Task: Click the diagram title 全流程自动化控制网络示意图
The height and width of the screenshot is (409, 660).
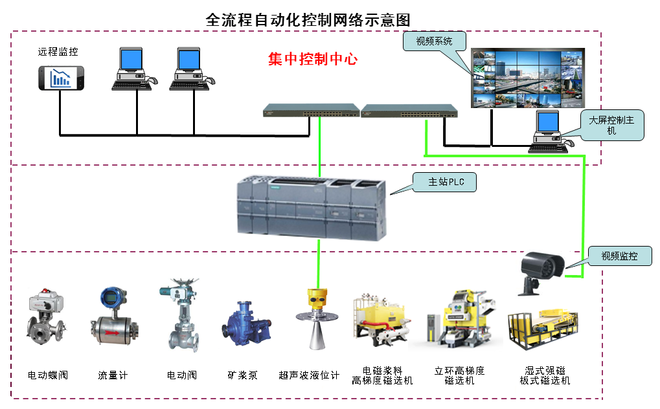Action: pos(308,19)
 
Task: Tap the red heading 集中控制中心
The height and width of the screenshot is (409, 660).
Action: pos(313,60)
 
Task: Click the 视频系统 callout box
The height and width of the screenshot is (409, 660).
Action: pos(434,41)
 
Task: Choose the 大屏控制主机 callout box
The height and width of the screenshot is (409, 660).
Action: pos(611,126)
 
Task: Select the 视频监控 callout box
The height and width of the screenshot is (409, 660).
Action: pos(619,256)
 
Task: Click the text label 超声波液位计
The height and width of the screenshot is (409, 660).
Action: pos(309,375)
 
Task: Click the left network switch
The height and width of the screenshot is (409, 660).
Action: pos(311,111)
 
